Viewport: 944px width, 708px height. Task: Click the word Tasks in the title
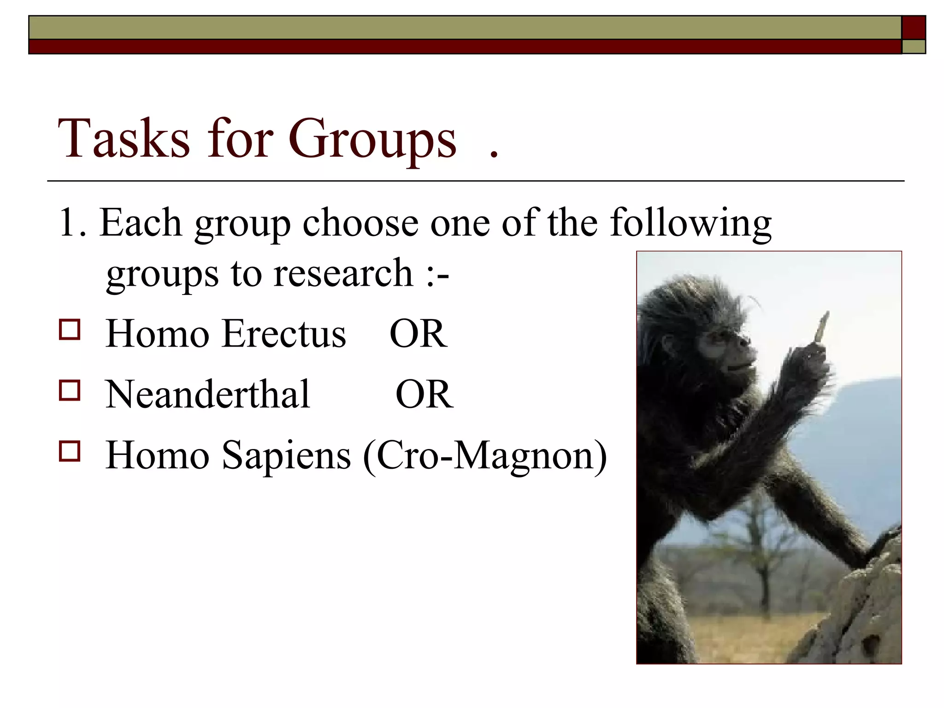point(124,139)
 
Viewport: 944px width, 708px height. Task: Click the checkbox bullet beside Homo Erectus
point(70,330)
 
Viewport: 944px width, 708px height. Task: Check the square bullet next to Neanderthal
point(70,390)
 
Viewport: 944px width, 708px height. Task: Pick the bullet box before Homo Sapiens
point(70,451)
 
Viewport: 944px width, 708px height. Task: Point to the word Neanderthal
point(207,395)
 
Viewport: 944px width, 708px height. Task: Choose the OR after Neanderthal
point(424,395)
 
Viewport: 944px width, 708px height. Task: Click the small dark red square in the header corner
point(913,28)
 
